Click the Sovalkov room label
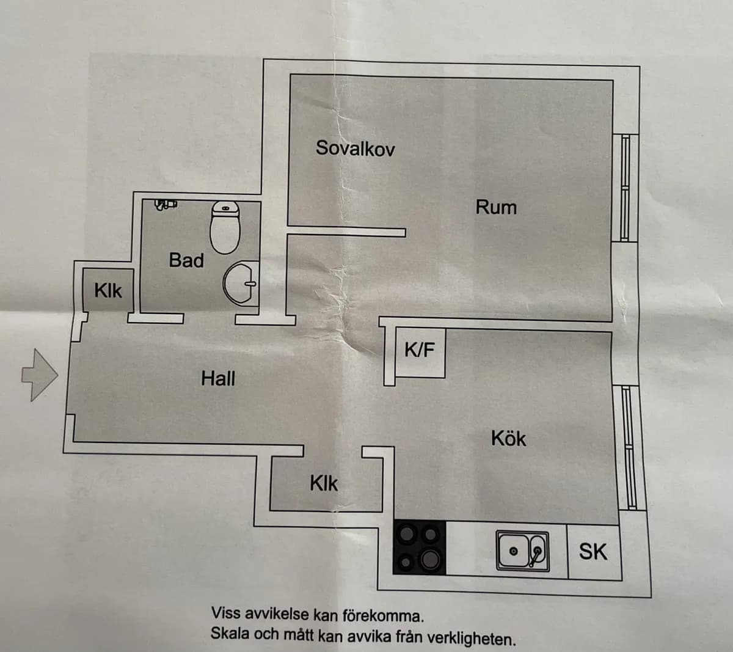click(x=355, y=148)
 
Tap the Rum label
click(x=496, y=207)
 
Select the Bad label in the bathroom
click(x=186, y=260)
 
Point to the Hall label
click(x=218, y=379)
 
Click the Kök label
click(x=508, y=439)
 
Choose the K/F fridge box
click(x=420, y=351)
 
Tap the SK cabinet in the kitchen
click(x=593, y=552)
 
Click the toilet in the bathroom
click(x=225, y=227)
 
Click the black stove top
click(x=419, y=547)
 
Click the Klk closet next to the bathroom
click(x=108, y=291)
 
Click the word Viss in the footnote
click(x=224, y=614)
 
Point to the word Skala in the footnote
click(x=230, y=633)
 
